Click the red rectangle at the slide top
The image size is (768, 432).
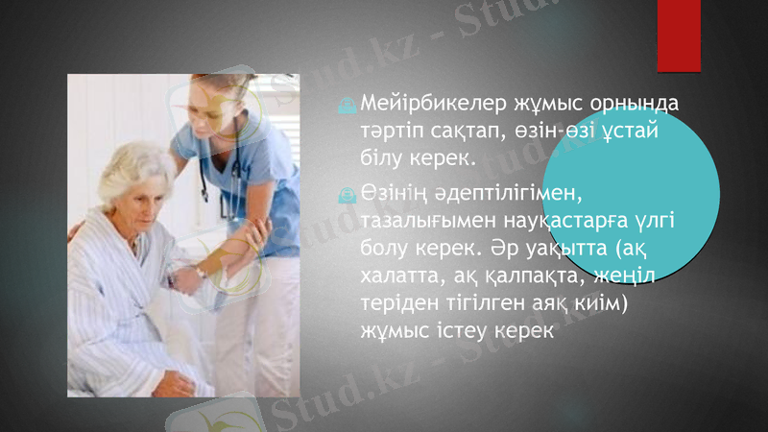coord(679,34)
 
